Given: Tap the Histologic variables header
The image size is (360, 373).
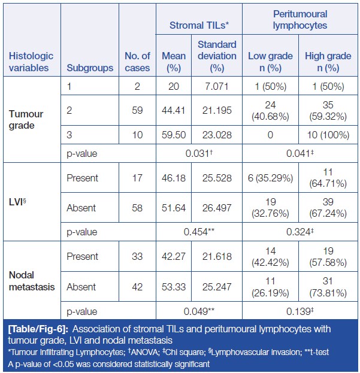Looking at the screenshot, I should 31,62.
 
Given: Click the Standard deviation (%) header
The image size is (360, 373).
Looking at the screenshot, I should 216,56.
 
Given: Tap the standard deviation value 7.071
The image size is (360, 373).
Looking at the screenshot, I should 216,86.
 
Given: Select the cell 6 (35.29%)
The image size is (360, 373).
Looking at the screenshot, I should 270,178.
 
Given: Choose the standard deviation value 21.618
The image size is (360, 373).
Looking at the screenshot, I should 216,256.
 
